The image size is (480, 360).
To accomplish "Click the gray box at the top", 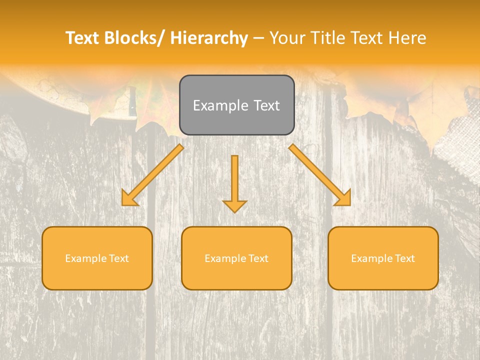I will tap(236, 105).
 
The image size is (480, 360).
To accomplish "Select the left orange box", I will tap(97, 258).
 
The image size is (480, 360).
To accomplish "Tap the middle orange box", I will tap(236, 258).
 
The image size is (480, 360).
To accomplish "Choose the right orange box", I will tap(383, 258).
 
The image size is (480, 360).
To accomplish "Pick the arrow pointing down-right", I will tap(320, 175).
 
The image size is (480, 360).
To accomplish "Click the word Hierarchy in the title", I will tap(209, 38).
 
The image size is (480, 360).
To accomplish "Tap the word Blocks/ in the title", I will tap(138, 38).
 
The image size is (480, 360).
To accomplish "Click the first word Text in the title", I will tap(83, 38).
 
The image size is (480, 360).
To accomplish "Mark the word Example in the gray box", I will tap(213, 105).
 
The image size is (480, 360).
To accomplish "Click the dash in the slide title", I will tap(258, 38).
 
